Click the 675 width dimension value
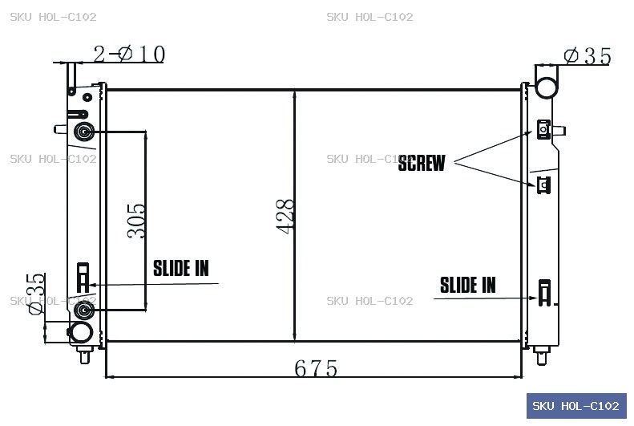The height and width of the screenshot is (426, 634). coord(315,368)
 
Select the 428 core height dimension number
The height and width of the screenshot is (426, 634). coord(285,217)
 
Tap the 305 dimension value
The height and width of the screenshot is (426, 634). coord(136,221)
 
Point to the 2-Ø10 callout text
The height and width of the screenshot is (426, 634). coord(129,55)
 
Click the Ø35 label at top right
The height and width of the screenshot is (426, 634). coord(587,56)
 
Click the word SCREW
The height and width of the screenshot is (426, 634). coord(422,163)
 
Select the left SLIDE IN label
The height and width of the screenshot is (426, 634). coord(180,269)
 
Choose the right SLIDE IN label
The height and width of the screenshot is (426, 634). coord(467,286)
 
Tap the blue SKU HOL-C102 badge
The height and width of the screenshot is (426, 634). coord(576,406)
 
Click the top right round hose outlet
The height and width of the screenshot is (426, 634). coord(547,87)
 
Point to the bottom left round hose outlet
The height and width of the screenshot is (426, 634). coord(81,333)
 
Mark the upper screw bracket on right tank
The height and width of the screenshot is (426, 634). coord(544,129)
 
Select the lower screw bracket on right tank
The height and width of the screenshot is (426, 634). coord(544,185)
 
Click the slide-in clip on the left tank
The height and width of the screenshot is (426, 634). coord(83,278)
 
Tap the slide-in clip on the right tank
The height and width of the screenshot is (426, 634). coord(544,293)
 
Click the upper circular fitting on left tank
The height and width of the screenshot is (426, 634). coord(84,132)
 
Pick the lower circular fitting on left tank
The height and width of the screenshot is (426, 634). coord(83,310)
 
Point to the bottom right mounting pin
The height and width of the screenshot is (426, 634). coord(541,355)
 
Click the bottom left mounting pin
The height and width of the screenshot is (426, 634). coord(84,355)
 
